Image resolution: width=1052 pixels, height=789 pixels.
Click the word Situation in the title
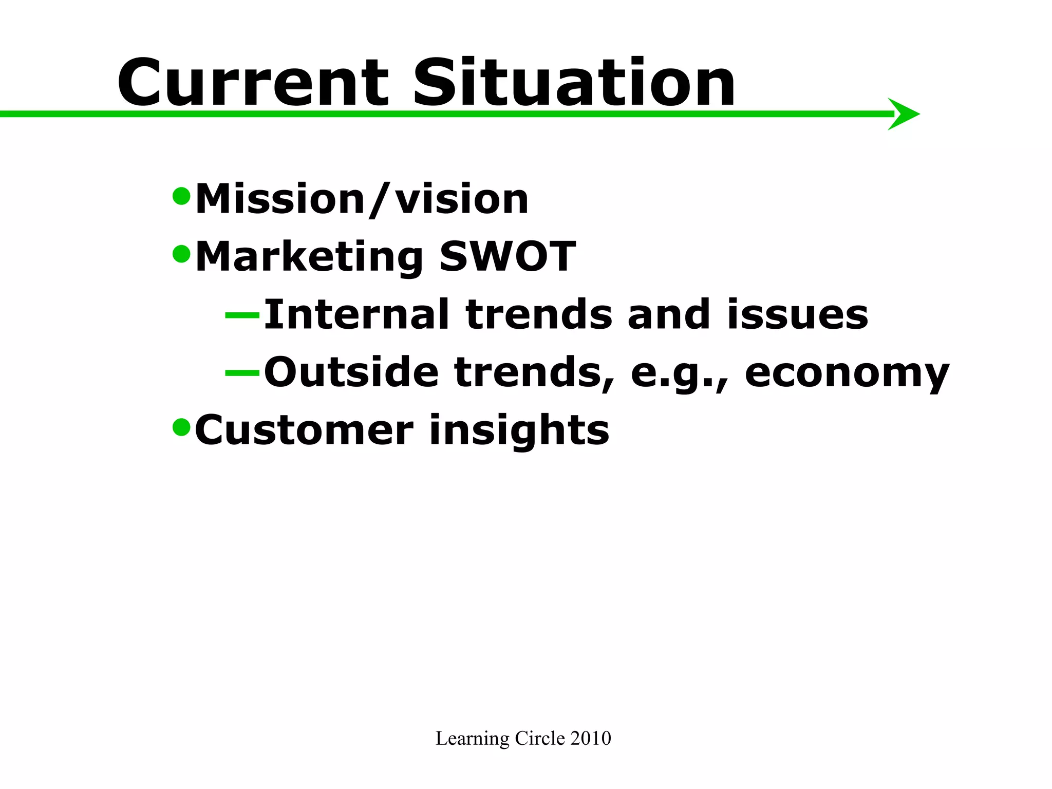(574, 83)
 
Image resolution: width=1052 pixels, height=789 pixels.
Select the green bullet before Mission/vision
(181, 196)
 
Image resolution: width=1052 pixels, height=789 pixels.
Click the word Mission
(280, 199)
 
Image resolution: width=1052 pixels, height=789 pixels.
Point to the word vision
(461, 199)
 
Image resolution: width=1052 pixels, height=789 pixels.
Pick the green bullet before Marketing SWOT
(181, 253)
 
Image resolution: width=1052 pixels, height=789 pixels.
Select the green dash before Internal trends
(242, 315)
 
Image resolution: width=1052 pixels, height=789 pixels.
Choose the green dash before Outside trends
(242, 372)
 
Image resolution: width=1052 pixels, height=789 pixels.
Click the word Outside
(351, 372)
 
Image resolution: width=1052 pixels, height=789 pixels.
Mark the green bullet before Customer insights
(181, 426)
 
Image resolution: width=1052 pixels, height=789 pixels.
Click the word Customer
(304, 430)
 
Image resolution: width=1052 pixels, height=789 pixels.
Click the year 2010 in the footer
(591, 738)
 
